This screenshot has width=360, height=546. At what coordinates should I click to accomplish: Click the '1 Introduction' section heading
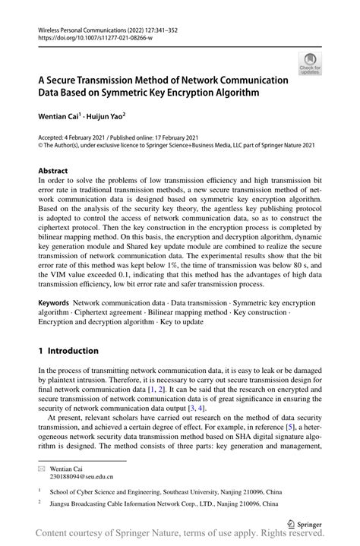click(68, 351)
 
